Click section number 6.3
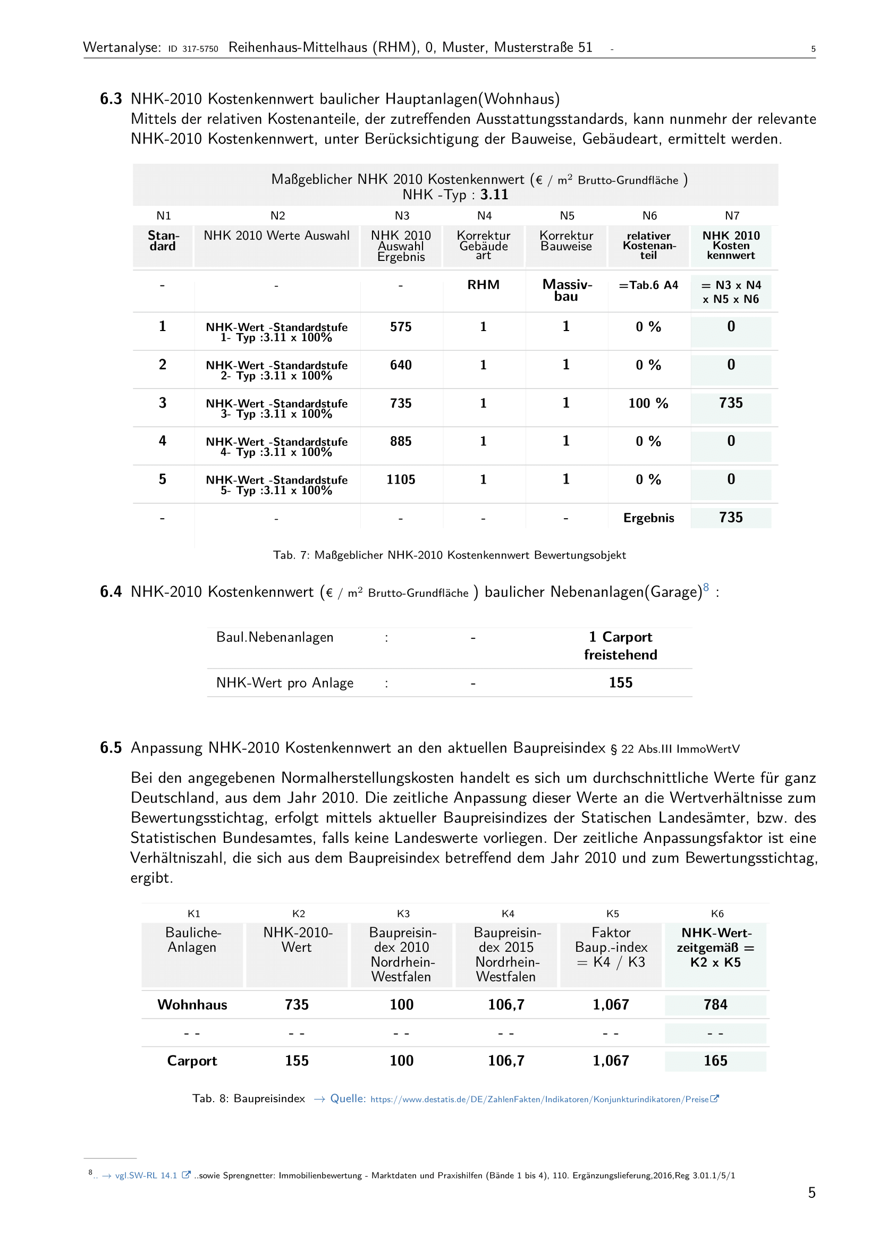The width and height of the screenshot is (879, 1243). tap(111, 99)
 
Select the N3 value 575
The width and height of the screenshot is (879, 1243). tap(401, 327)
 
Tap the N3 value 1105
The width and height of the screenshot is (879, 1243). tap(401, 480)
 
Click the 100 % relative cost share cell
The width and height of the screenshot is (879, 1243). tap(648, 403)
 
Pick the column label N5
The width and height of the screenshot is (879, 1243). tap(567, 216)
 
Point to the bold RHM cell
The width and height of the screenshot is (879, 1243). tap(483, 285)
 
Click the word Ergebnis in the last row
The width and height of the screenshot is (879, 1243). tap(648, 518)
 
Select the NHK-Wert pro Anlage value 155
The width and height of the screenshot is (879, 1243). tap(620, 683)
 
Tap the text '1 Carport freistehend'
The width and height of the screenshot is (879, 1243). tap(620, 646)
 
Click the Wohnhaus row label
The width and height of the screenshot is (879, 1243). tap(192, 1005)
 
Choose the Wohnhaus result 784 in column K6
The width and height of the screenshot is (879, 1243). tap(715, 1005)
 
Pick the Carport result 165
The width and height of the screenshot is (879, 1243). tap(715, 1061)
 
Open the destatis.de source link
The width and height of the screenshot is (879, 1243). tap(541, 1099)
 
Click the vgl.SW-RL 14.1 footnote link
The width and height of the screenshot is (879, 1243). tap(146, 1176)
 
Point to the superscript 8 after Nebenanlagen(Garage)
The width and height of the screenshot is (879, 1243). tap(706, 587)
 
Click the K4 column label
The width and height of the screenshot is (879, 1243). tap(508, 914)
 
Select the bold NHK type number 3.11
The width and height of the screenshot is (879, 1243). tap(494, 195)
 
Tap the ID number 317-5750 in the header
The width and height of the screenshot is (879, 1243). tap(200, 49)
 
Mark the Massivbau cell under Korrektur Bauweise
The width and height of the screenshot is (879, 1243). tap(567, 290)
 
